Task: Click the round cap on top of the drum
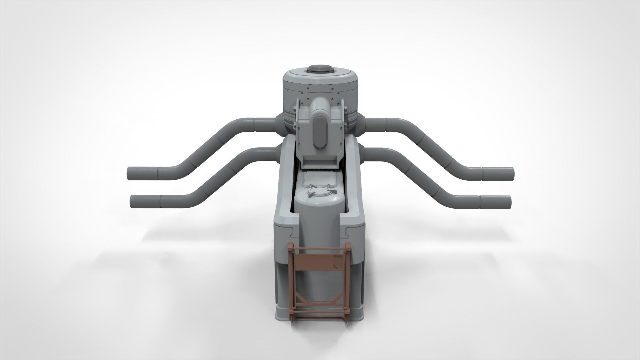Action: (x=320, y=69)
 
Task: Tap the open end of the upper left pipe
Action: (x=130, y=174)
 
